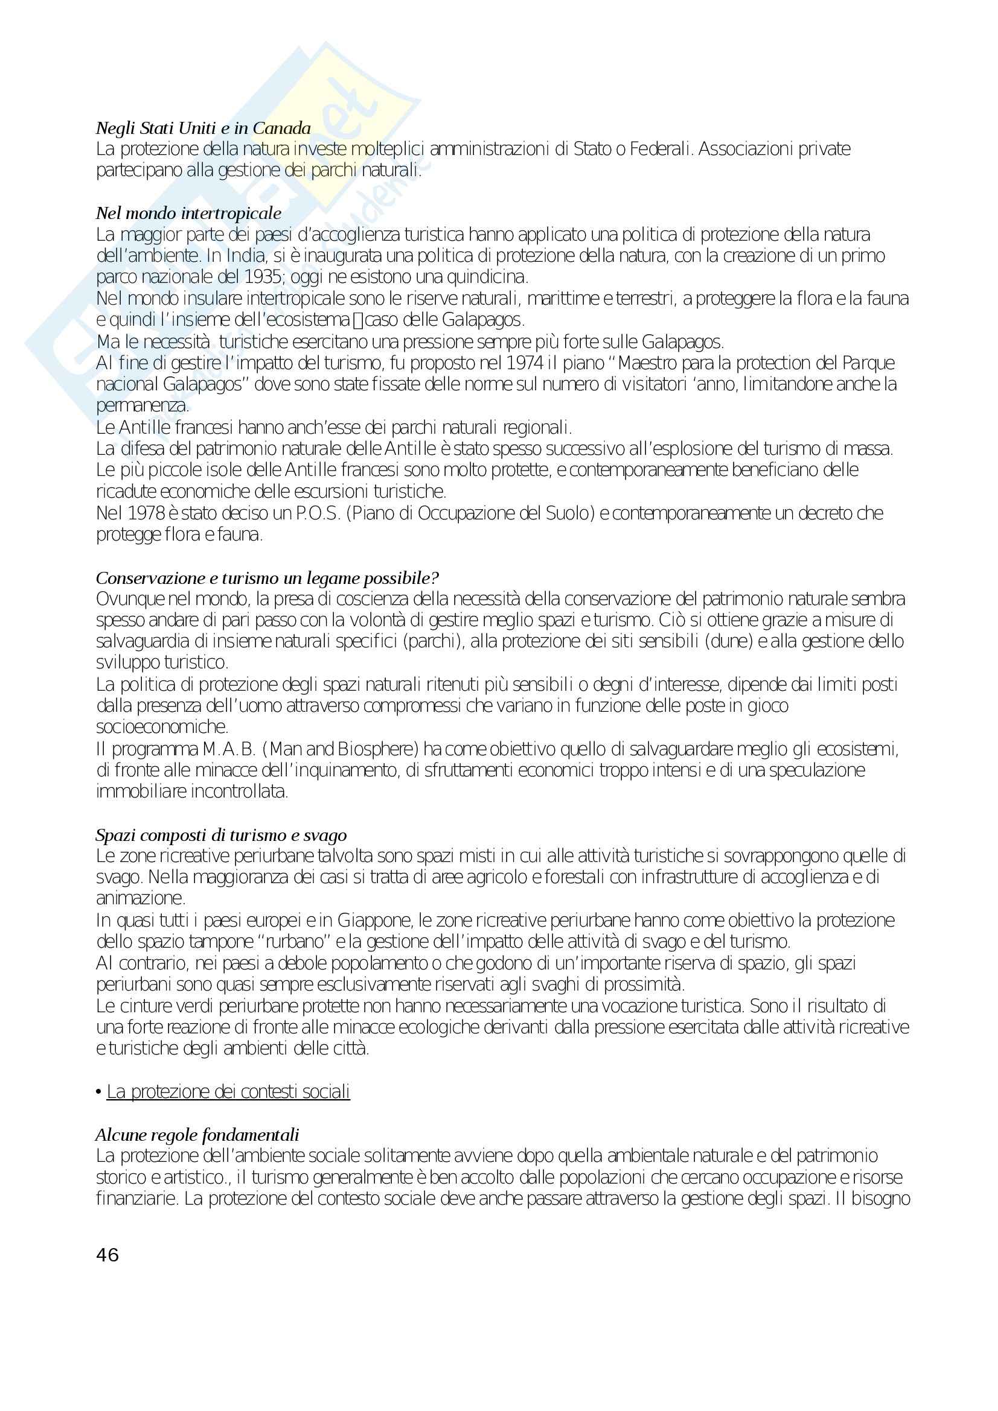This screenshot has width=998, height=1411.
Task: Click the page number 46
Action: pos(107,1255)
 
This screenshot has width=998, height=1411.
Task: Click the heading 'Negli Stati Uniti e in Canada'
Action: pos(203,128)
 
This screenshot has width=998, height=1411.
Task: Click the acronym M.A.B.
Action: pos(229,749)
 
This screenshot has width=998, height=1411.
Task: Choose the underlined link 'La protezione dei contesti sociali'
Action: pos(228,1091)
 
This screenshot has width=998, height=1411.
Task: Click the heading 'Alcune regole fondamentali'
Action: pos(197,1135)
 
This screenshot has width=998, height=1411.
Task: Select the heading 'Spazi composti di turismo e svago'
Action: pos(221,835)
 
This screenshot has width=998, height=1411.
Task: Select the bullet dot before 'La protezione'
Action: pos(98,1092)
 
